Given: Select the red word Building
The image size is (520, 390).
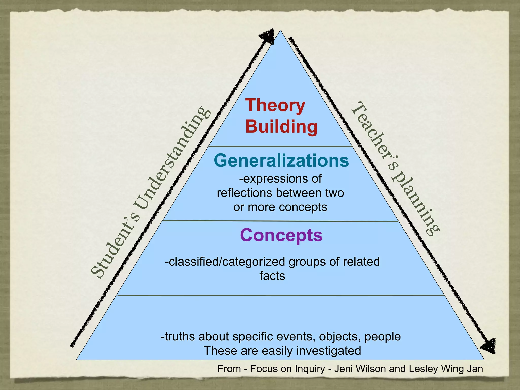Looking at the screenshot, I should tap(281, 126).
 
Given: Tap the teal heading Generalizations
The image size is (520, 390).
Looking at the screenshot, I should tap(281, 160).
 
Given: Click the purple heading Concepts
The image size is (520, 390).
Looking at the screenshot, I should tap(281, 235).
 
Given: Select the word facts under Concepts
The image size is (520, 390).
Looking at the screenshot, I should tap(272, 276).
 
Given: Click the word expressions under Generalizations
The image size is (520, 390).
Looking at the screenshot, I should tap(280, 179).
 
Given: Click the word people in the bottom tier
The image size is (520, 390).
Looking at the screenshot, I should tap(383, 337).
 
